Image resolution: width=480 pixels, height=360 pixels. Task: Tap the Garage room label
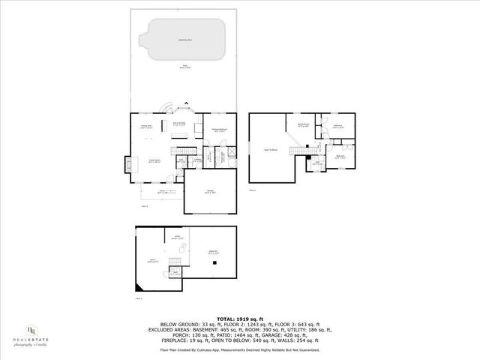click(211, 193)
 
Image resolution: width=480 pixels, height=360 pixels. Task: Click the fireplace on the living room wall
click(128, 161)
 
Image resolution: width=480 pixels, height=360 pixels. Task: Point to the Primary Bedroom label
click(220, 130)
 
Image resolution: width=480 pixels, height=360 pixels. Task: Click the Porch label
click(152, 191)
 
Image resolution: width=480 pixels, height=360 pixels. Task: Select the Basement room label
click(213, 252)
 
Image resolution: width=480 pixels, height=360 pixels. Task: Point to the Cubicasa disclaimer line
click(239, 349)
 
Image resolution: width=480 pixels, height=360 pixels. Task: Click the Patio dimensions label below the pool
click(183, 67)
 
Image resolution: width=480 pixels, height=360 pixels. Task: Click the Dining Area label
click(147, 127)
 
